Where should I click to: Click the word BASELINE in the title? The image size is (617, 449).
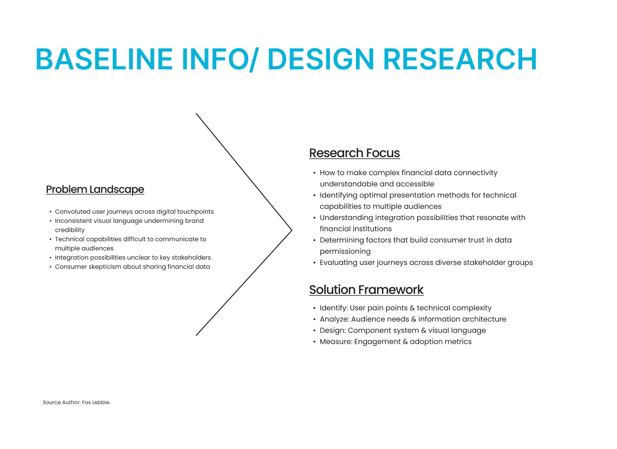(x=104, y=59)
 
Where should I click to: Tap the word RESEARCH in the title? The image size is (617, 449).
(x=459, y=59)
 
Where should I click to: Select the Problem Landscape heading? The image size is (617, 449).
(x=95, y=190)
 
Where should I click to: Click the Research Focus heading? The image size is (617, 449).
(x=354, y=153)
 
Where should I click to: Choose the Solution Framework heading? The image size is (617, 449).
(x=366, y=290)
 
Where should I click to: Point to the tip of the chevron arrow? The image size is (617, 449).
(x=292, y=231)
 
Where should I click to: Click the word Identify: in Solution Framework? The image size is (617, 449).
(x=333, y=308)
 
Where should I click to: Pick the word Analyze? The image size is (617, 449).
(x=335, y=319)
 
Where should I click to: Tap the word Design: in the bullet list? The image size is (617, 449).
(x=333, y=331)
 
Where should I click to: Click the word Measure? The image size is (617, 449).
(x=336, y=342)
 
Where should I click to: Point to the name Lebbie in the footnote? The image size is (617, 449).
(x=101, y=403)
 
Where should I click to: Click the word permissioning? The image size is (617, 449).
(x=345, y=252)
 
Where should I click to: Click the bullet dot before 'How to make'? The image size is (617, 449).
(x=314, y=173)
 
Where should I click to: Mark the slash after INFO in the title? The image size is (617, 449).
(x=254, y=60)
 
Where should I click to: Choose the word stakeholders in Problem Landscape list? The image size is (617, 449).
(x=191, y=258)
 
